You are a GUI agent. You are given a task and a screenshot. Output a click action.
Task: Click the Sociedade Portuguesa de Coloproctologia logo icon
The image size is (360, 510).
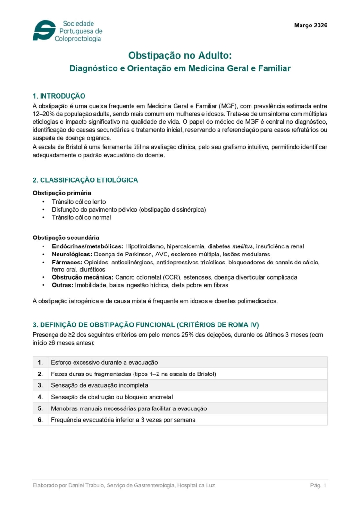click(43, 31)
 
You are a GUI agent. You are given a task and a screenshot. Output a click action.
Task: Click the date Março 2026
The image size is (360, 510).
click(310, 25)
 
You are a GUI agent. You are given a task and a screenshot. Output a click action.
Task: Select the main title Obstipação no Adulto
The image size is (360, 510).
click(180, 55)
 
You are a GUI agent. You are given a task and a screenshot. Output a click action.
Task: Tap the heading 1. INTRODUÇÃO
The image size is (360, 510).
click(59, 96)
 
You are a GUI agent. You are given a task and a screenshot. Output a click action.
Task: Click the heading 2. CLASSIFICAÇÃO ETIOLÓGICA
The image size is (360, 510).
click(85, 180)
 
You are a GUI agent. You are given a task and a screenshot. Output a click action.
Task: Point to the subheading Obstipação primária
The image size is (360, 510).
click(62, 193)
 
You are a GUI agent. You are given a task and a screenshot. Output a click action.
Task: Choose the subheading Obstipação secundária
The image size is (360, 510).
click(66, 238)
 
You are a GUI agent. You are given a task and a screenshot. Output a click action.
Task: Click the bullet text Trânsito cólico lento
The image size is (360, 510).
click(79, 202)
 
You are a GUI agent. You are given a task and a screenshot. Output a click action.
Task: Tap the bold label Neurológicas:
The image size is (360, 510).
click(72, 254)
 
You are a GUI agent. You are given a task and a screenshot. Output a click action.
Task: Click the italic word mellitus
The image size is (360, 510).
click(243, 246)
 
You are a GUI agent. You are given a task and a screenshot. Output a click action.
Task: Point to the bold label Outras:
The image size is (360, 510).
click(62, 285)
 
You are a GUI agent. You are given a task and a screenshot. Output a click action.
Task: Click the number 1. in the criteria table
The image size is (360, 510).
click(40, 362)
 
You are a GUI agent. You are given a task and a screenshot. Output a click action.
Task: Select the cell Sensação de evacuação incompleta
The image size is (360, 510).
click(99, 385)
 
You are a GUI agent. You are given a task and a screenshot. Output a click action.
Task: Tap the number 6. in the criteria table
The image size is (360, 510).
click(40, 420)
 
